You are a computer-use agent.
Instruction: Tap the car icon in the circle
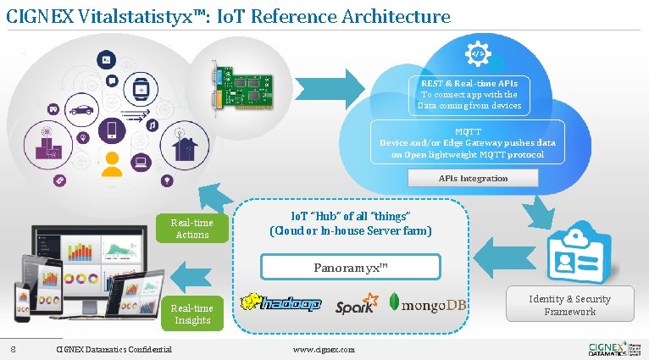[x=81, y=110]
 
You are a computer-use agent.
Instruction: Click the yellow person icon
[x=112, y=162]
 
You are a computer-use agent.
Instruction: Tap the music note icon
[x=153, y=125]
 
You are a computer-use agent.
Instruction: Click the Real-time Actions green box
[x=192, y=229]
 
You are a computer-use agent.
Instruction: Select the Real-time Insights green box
[x=192, y=314]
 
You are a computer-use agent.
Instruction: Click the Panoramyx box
[x=350, y=268]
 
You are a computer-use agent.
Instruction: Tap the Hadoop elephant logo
[x=281, y=303]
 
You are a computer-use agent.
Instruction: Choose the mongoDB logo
[x=428, y=303]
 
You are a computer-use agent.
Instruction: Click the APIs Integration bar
[x=473, y=178]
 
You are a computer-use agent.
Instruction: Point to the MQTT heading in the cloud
[x=468, y=131]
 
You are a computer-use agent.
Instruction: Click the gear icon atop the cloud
[x=477, y=53]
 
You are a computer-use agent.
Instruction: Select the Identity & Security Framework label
[x=569, y=305]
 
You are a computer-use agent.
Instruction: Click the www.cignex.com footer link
[x=324, y=349]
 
